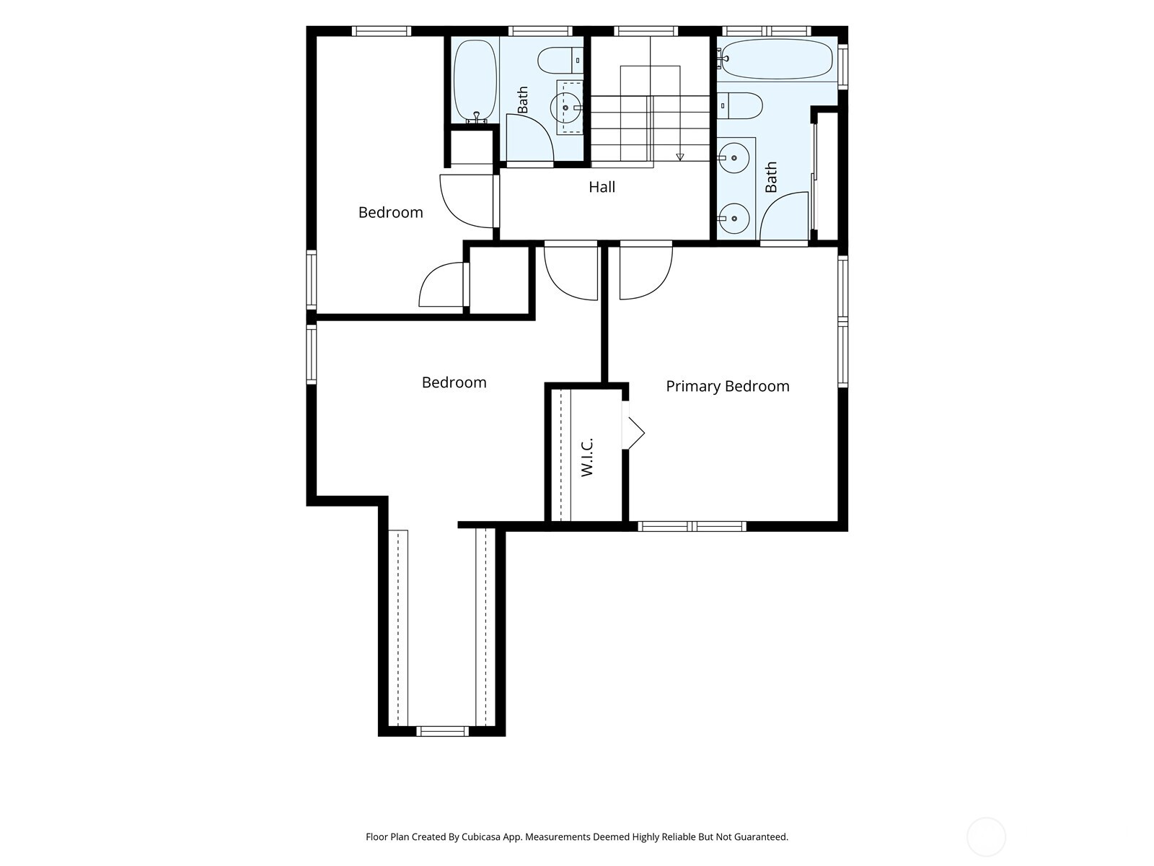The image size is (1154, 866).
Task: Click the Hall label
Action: pyautogui.click(x=602, y=187)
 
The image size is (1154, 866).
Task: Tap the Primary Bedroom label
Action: pyautogui.click(x=727, y=387)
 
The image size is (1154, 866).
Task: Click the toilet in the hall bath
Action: pyautogui.click(x=560, y=61)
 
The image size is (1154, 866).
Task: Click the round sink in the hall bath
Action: pyautogui.click(x=565, y=108)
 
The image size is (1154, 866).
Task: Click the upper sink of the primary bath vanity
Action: pyautogui.click(x=734, y=158)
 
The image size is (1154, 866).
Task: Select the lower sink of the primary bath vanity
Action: pyautogui.click(x=734, y=218)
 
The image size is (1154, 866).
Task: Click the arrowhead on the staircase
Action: pyautogui.click(x=680, y=157)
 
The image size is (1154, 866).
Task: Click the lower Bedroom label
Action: pyautogui.click(x=454, y=382)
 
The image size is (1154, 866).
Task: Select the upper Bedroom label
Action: pyautogui.click(x=391, y=212)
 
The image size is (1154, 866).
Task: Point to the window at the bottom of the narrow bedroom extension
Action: pyautogui.click(x=442, y=731)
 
